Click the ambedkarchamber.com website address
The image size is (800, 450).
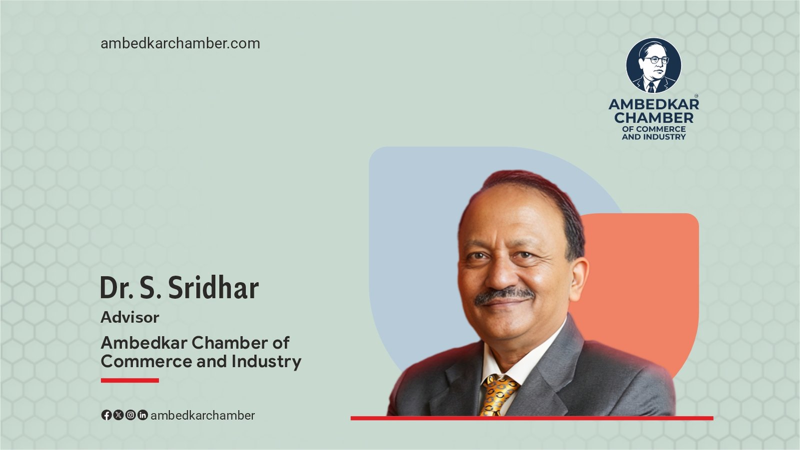[180, 43]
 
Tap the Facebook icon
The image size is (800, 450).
[106, 415]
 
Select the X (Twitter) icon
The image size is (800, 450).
[118, 415]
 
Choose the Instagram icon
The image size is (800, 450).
[130, 415]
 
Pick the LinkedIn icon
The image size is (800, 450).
[142, 415]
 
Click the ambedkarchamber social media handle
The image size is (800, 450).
[203, 415]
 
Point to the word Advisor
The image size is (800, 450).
[130, 317]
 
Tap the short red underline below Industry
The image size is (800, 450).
[130, 380]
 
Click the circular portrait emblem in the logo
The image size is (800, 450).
[653, 65]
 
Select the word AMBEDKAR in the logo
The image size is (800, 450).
[654, 104]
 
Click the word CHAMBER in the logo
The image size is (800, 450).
[654, 117]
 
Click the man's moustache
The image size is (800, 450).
[504, 295]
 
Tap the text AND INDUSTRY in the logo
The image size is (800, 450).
[654, 137]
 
